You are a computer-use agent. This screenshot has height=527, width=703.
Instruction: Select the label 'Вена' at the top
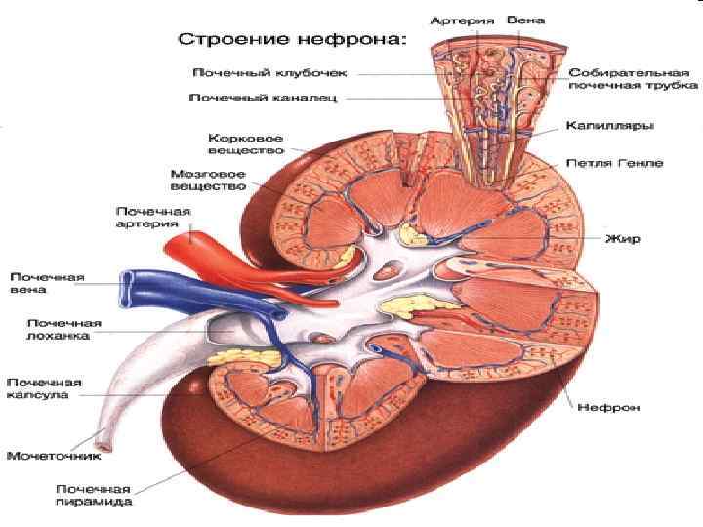tap(532, 19)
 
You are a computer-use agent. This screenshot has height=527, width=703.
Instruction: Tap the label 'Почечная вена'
tap(49, 283)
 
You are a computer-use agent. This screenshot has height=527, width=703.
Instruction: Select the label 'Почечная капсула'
tap(45, 388)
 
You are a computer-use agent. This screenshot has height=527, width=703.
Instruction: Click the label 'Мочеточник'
tap(49, 455)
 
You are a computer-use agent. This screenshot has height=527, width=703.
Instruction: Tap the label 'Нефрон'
tap(608, 407)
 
